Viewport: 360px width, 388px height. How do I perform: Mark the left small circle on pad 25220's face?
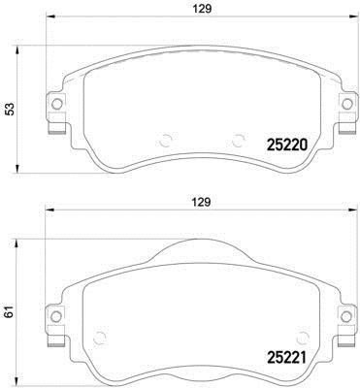[166, 140]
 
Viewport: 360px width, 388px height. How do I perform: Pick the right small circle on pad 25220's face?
[236, 140]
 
